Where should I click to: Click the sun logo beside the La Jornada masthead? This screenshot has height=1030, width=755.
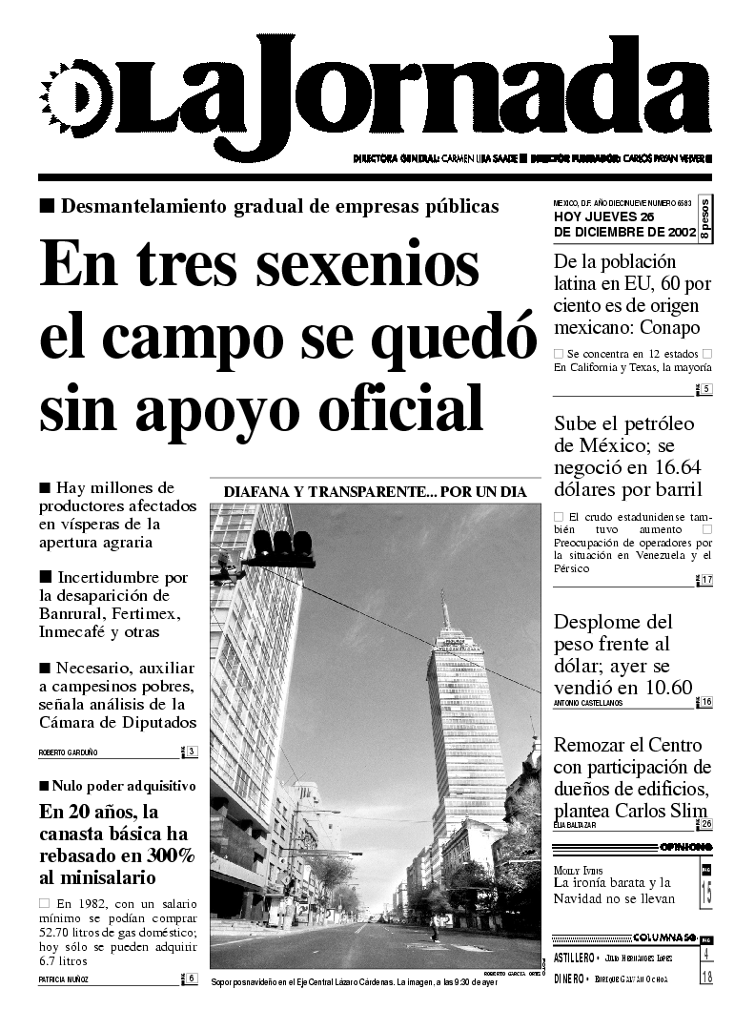click(69, 98)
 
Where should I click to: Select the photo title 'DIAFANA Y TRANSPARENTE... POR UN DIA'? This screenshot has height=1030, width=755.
click(375, 492)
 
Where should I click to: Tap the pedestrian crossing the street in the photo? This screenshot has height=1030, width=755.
click(434, 926)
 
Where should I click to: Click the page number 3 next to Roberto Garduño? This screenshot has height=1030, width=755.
click(192, 752)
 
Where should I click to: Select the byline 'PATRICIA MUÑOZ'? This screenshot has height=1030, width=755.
click(66, 978)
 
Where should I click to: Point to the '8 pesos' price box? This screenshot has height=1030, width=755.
click(704, 218)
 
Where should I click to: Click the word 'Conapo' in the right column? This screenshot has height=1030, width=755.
click(671, 329)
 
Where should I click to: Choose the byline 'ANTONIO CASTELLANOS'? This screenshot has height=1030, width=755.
click(587, 703)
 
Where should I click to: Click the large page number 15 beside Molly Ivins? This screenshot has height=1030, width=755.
click(706, 893)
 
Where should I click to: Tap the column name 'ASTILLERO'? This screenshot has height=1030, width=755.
click(575, 957)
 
